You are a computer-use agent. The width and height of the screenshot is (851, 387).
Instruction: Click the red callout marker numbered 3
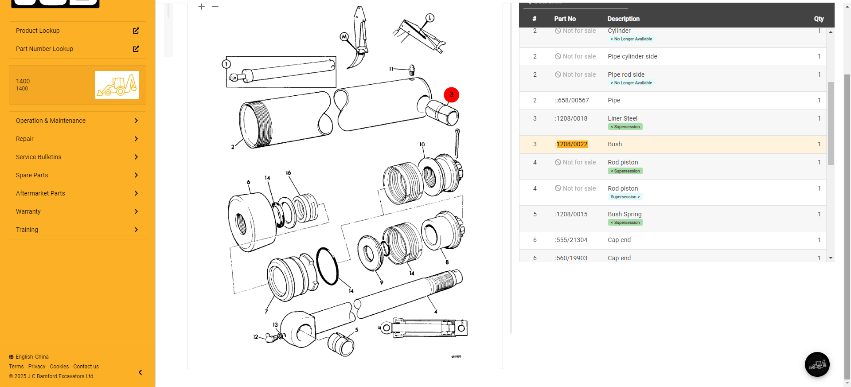point(451,95)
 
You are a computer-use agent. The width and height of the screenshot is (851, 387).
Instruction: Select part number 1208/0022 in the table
point(572,144)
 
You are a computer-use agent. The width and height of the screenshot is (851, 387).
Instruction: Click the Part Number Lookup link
point(44,49)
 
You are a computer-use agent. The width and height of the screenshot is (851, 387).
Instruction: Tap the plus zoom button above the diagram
point(202,7)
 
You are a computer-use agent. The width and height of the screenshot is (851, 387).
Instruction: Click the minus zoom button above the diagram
point(215,7)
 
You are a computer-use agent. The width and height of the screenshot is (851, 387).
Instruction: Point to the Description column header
point(623,19)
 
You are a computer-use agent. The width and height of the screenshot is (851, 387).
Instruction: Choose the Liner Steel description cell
point(622,118)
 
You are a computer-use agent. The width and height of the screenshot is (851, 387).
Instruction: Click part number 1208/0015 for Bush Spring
point(571,214)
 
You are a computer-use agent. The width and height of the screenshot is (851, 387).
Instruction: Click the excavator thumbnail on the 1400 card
point(117,85)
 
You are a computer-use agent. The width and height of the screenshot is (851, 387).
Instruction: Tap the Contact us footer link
point(86,367)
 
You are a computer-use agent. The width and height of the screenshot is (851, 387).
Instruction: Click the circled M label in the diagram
point(344,37)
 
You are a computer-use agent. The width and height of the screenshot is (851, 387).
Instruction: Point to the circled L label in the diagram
point(430,18)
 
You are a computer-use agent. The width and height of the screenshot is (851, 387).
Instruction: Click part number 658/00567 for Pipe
point(572,100)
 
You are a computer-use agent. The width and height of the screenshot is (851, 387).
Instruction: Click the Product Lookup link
point(38,31)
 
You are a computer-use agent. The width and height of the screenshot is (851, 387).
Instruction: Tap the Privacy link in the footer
point(37,367)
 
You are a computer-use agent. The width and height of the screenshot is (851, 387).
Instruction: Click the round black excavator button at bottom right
point(817,364)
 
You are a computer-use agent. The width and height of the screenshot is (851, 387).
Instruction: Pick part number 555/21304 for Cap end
point(571,240)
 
